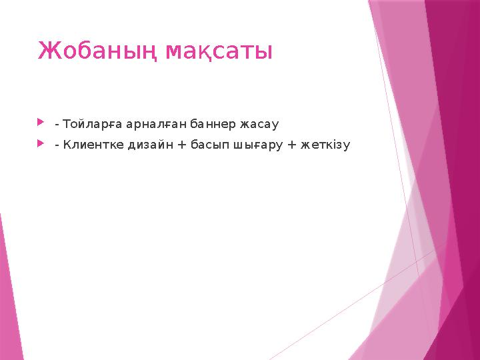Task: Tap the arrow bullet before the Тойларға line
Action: [x=42, y=123]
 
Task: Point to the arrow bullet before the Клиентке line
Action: [x=42, y=143]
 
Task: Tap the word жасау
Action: [x=259, y=124]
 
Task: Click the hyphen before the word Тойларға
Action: [x=57, y=125]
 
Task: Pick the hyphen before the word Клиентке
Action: [x=57, y=145]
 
